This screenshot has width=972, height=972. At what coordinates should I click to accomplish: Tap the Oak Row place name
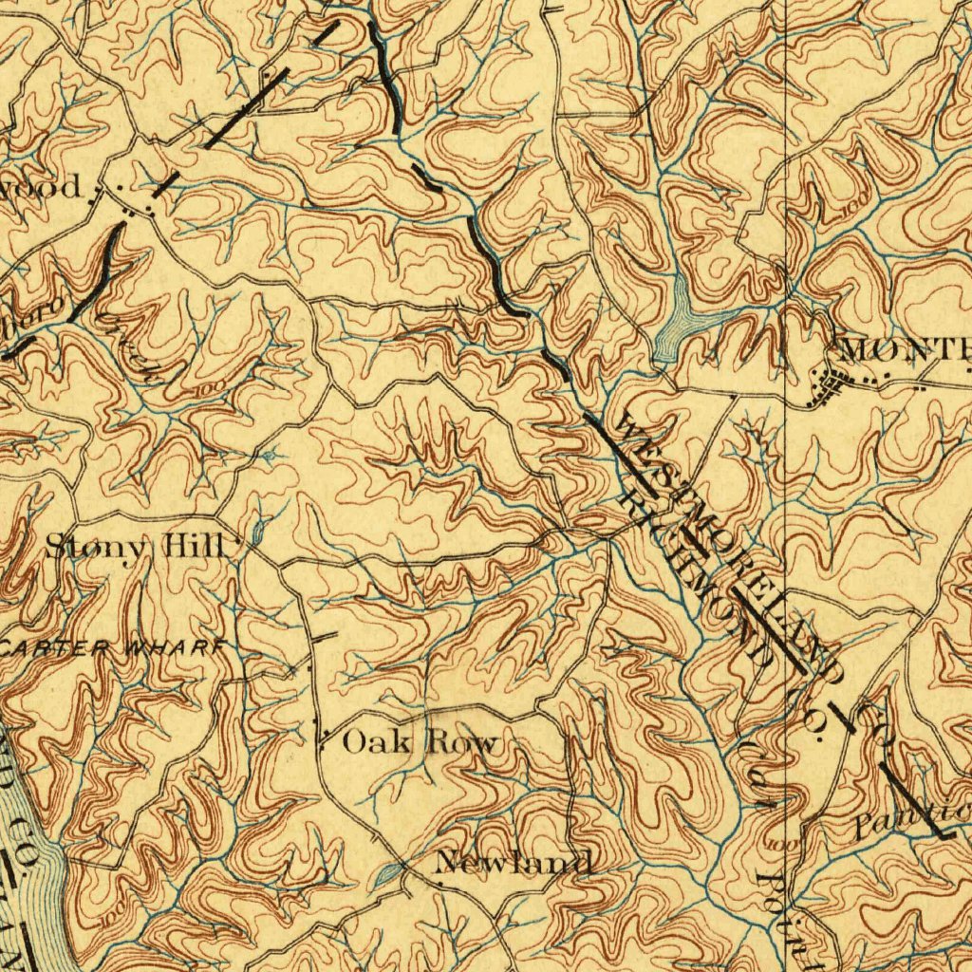pos(420,742)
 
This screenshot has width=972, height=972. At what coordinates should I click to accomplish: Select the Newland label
pos(515,863)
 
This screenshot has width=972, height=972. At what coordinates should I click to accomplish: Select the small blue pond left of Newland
pos(386,875)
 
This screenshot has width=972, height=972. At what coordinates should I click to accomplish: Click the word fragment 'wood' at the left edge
pos(43,187)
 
